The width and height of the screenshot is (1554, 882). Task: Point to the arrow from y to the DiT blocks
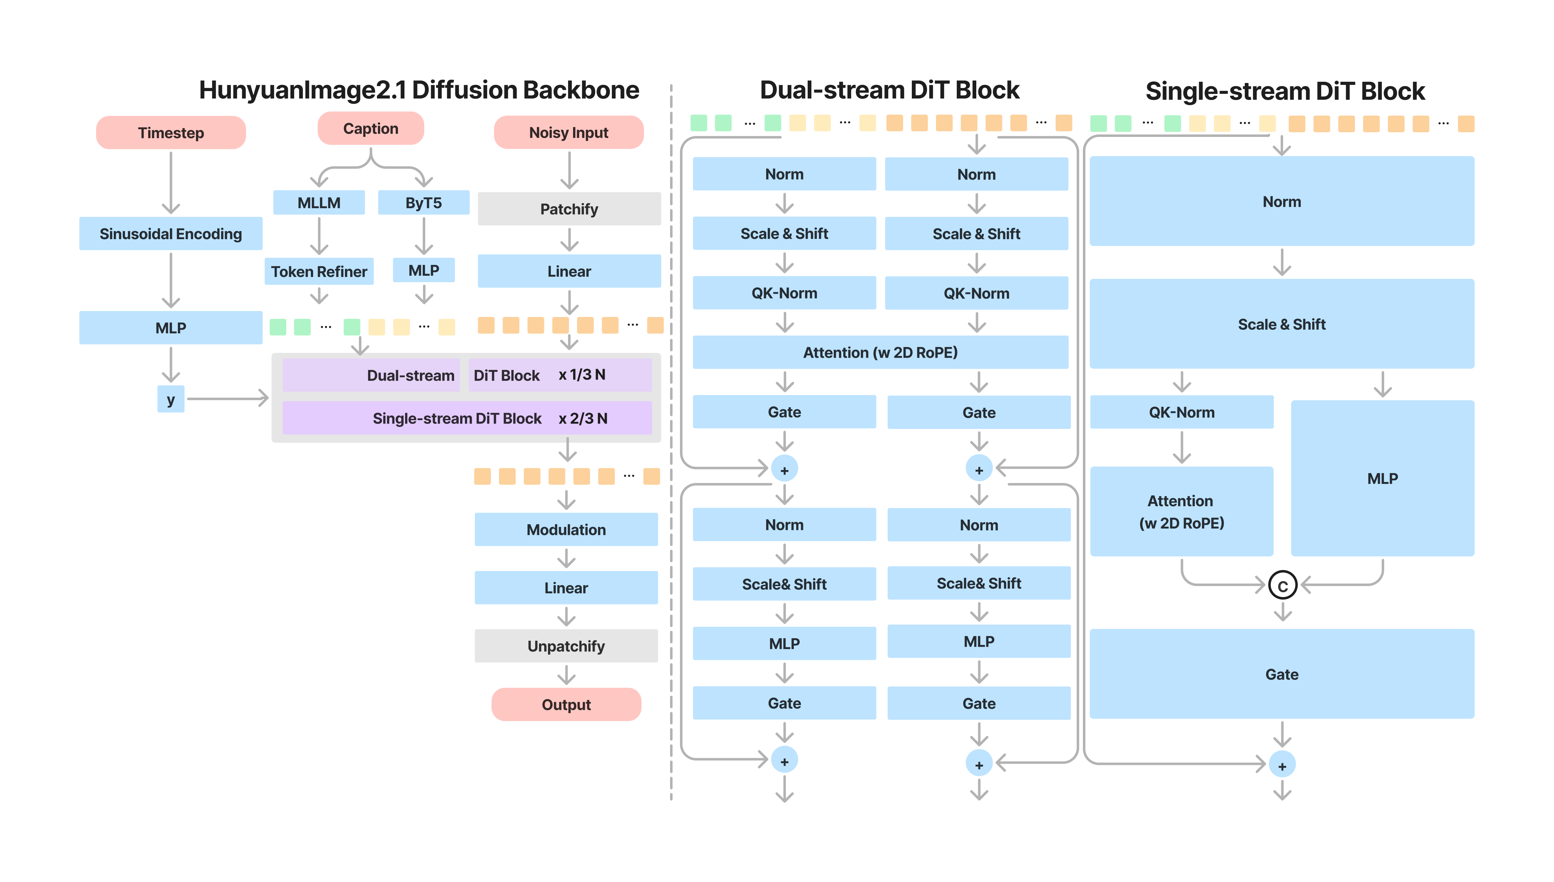click(x=227, y=399)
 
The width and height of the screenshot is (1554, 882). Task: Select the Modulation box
click(x=566, y=529)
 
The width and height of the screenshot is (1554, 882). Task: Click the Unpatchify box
click(x=566, y=646)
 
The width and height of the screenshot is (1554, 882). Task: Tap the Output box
click(x=566, y=704)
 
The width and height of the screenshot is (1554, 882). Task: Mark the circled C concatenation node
click(x=1282, y=586)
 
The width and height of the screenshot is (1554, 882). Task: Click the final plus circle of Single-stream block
click(x=1282, y=766)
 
